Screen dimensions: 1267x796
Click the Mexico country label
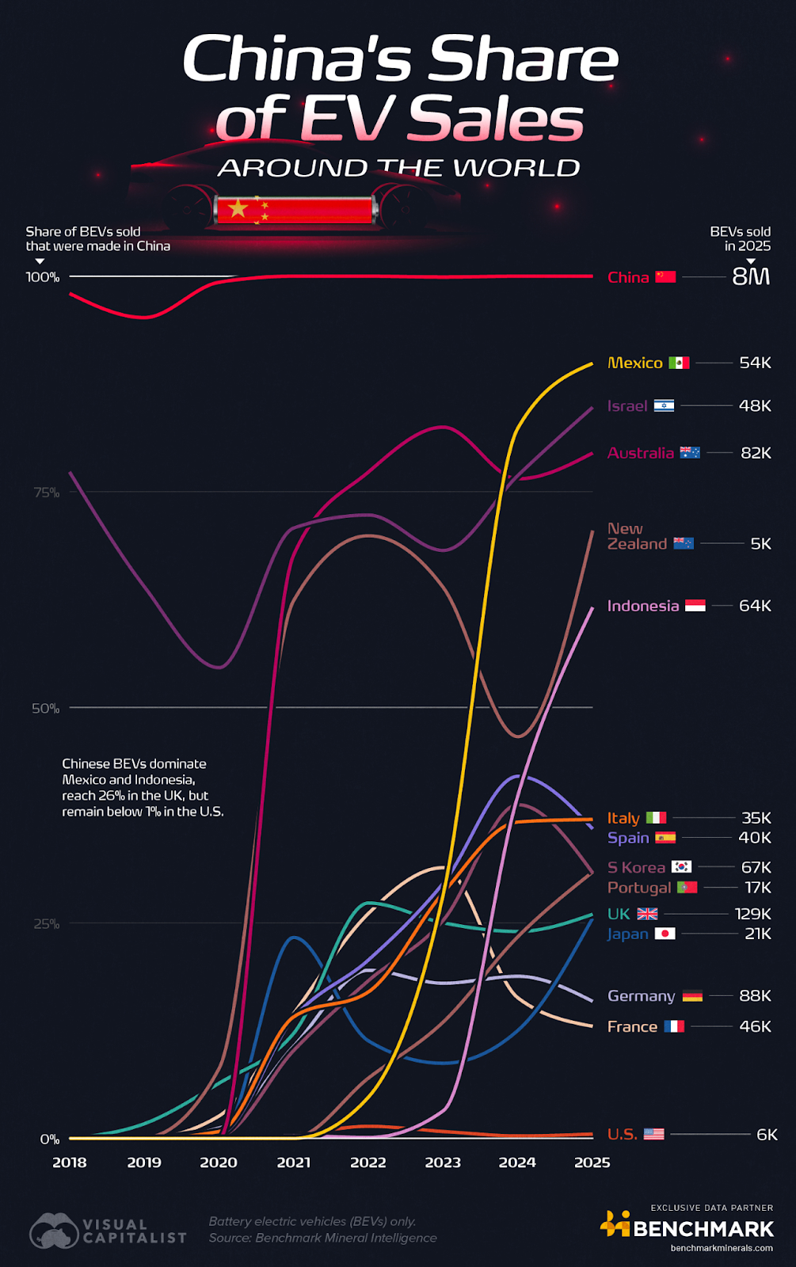[x=634, y=363]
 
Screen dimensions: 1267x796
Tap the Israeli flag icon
[x=664, y=405]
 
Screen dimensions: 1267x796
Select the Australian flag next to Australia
[x=690, y=453]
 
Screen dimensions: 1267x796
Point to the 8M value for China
[x=751, y=276]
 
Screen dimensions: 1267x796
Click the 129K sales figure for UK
[x=752, y=914]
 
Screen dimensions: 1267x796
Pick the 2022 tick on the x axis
[x=368, y=1162]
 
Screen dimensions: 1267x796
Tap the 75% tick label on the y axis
[x=46, y=493]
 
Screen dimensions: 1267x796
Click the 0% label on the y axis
[x=50, y=1139]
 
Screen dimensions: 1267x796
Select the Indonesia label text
[x=642, y=606]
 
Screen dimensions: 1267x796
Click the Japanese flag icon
[x=665, y=934]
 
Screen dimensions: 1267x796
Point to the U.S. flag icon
[x=654, y=1134]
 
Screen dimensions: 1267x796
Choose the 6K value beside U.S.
[x=767, y=1134]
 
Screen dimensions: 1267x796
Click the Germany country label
[x=641, y=996]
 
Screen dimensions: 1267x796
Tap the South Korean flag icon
[x=681, y=867]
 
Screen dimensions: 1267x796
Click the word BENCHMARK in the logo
[x=703, y=1229]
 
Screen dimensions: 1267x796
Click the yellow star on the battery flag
[x=238, y=209]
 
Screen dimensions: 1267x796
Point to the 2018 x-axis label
[x=70, y=1162]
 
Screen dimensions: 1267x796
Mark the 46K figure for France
[x=755, y=1026]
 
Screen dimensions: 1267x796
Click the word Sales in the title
[x=496, y=120]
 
